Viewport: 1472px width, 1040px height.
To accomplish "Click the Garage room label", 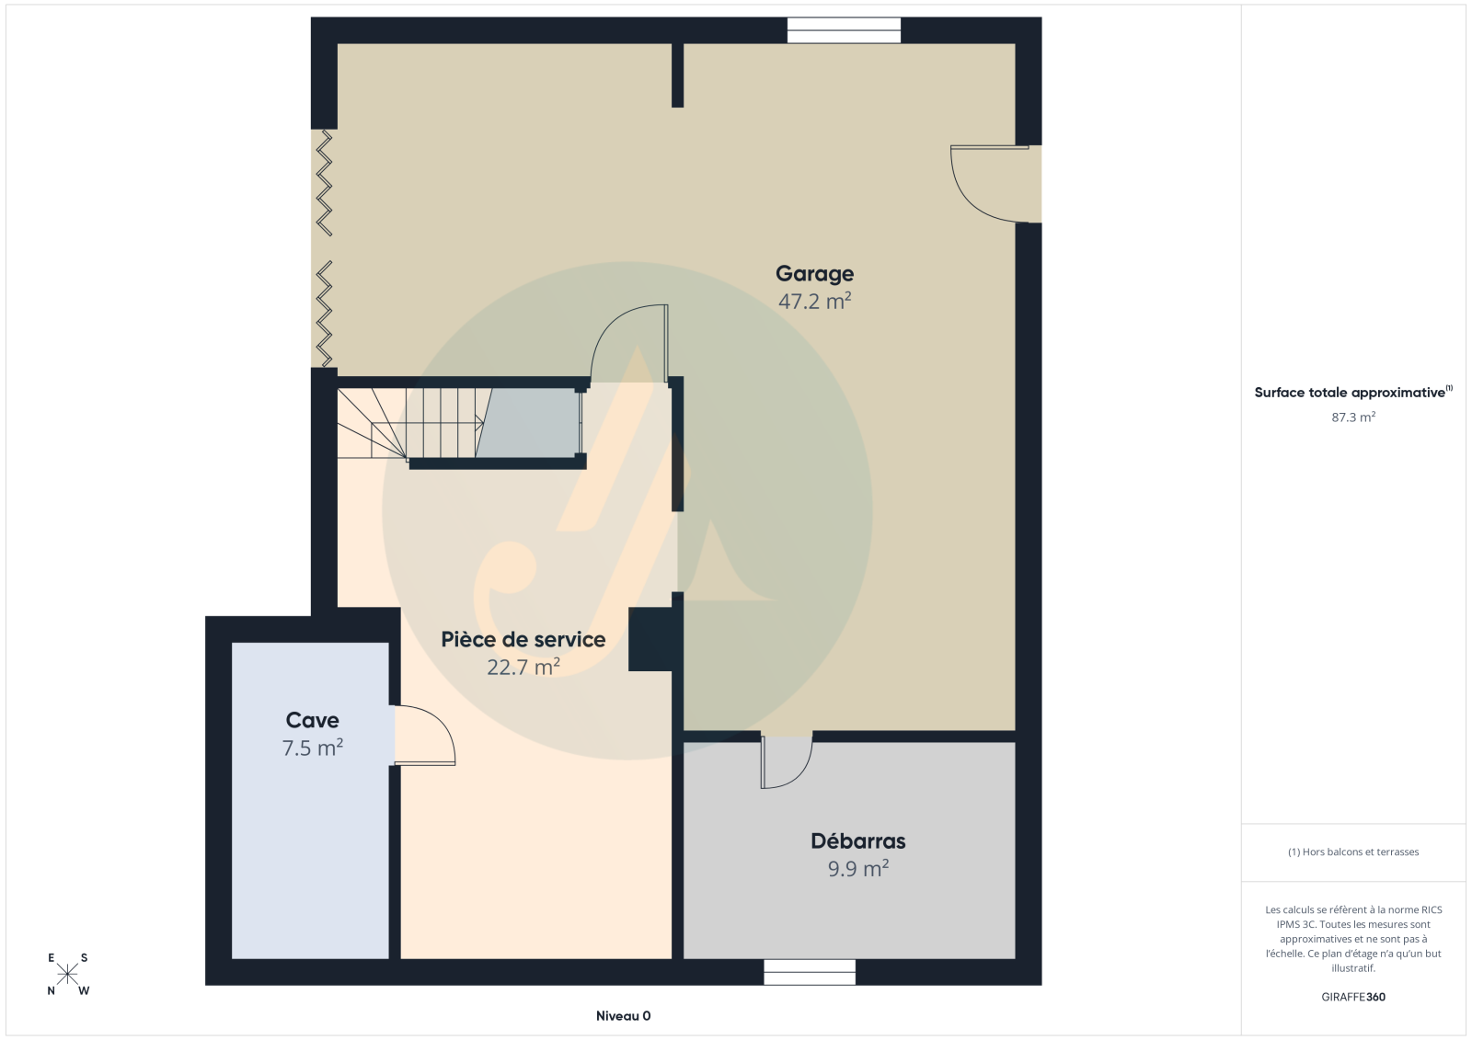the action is click(x=814, y=273).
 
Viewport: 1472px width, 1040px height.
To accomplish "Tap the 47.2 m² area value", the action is click(x=815, y=302).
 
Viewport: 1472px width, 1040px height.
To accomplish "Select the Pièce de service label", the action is click(x=523, y=639).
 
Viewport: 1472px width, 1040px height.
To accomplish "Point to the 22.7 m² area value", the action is click(x=523, y=668).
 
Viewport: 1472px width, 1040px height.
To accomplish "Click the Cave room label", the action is click(x=312, y=720).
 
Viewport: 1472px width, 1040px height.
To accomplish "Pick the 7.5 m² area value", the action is click(x=312, y=749).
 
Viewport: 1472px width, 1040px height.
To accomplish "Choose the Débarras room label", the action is click(x=858, y=841).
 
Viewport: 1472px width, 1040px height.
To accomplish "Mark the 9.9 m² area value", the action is click(x=858, y=869).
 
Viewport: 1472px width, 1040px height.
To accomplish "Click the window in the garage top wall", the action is click(x=844, y=30).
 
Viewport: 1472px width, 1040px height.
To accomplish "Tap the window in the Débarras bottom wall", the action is click(x=810, y=972).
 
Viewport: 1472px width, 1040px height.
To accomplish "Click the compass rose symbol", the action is click(x=68, y=974).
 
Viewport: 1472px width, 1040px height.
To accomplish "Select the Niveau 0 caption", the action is click(x=623, y=1016).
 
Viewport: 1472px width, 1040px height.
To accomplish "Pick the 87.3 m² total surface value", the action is click(x=1353, y=417).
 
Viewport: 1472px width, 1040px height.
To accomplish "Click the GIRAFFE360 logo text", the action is click(x=1353, y=997).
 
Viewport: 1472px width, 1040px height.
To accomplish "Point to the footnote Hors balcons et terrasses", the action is click(x=1353, y=851).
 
